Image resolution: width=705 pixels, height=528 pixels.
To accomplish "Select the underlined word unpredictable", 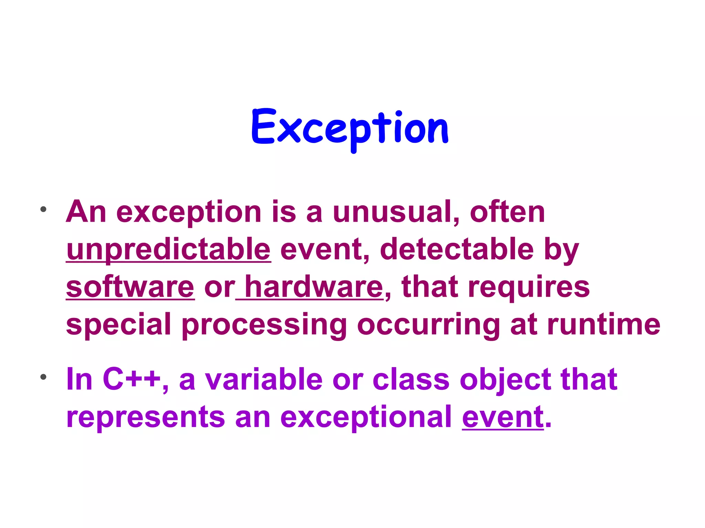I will [x=168, y=249].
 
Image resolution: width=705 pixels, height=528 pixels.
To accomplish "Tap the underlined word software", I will [x=130, y=287].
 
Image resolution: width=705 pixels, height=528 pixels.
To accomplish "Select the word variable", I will [x=264, y=379].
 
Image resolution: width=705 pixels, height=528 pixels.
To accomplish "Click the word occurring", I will [x=428, y=325].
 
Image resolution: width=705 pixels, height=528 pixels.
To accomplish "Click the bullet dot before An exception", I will [x=43, y=209].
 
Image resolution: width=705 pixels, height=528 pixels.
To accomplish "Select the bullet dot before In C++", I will [x=43, y=377].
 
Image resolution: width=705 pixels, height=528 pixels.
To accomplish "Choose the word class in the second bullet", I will [x=411, y=379].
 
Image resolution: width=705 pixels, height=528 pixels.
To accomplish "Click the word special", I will [x=118, y=325].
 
